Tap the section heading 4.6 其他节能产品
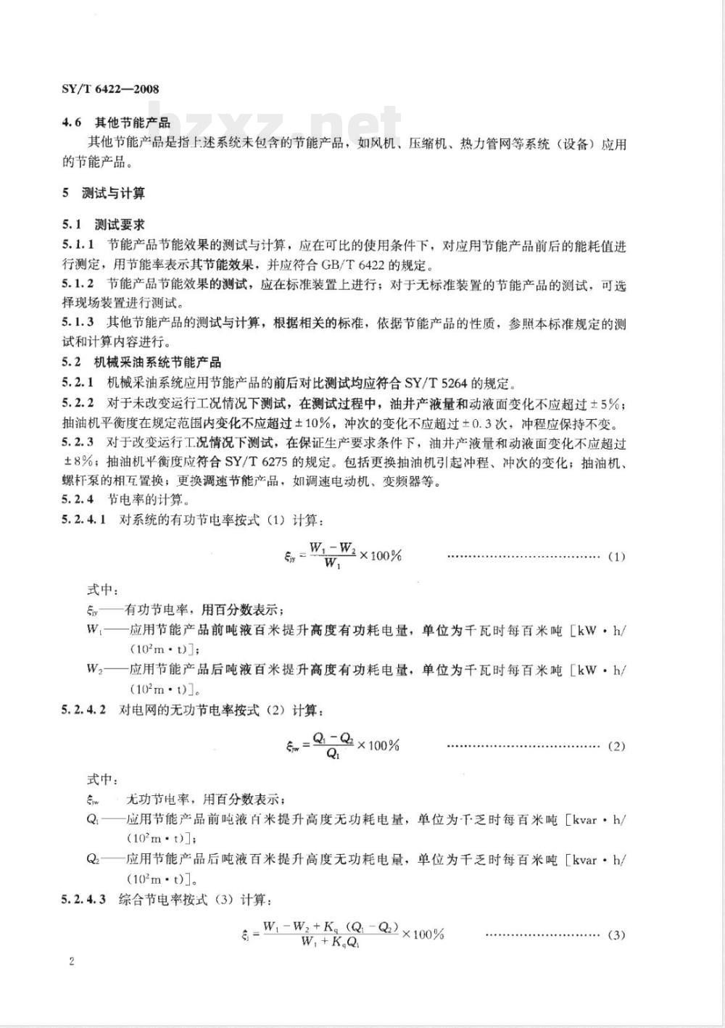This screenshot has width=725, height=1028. [116, 123]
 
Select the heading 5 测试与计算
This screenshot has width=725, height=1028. [104, 193]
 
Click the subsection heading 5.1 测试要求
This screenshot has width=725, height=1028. [103, 225]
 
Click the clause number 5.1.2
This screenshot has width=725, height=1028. [78, 286]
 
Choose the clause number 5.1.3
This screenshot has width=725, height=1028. [78, 323]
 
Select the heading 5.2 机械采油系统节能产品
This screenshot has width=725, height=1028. [141, 362]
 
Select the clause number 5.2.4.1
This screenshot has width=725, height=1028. [84, 520]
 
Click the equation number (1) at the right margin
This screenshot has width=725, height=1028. [616, 557]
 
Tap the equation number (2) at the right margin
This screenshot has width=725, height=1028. [616, 746]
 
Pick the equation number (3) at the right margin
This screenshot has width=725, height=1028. [616, 934]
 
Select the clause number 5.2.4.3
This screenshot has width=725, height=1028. [84, 900]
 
